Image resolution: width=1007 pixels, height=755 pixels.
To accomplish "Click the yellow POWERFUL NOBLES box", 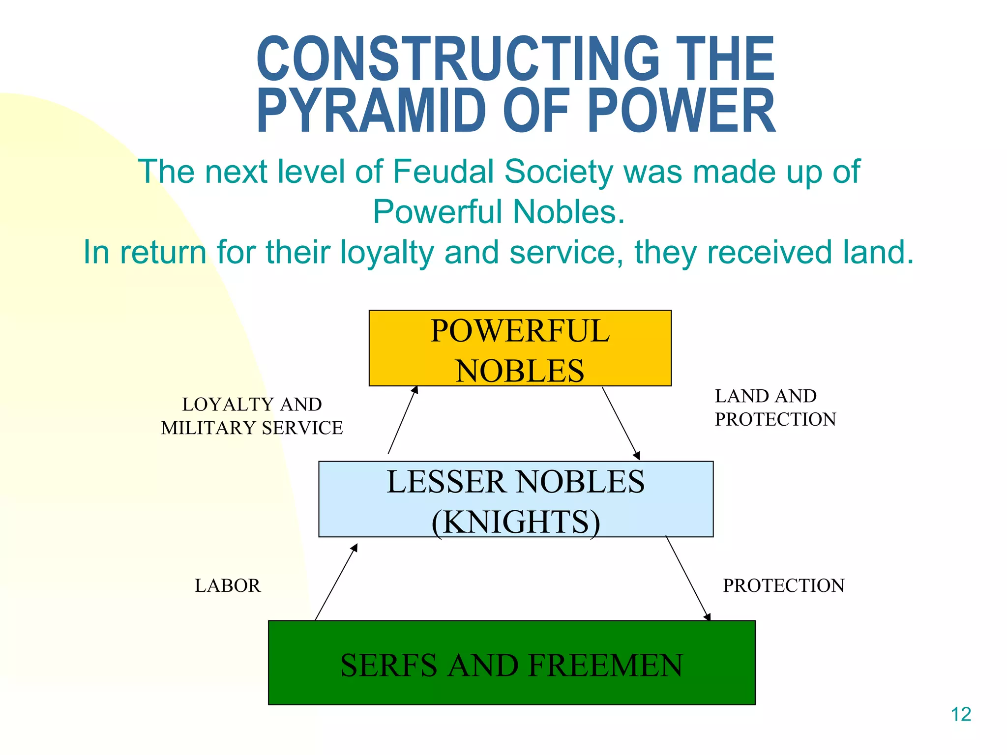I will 520,348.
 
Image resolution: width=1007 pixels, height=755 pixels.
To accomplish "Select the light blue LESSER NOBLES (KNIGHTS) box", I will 515,499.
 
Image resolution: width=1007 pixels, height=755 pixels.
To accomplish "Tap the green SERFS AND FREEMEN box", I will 511,663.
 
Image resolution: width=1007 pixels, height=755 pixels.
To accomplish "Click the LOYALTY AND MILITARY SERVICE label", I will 252,416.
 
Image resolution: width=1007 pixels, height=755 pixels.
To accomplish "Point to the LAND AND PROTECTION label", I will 775,407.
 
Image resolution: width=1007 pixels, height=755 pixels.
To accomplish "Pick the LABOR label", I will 228,585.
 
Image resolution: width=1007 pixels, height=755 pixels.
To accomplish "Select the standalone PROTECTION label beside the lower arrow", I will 783,585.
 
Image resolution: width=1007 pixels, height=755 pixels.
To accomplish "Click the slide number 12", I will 961,715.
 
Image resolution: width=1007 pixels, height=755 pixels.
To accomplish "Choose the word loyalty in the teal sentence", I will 387,252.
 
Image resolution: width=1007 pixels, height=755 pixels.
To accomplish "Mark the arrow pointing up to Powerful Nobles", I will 403,420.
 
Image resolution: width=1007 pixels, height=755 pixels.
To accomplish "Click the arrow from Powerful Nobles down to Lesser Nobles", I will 621,423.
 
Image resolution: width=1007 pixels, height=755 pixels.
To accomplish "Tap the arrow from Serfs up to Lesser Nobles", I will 336,582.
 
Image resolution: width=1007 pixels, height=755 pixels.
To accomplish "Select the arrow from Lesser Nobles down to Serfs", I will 688,579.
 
